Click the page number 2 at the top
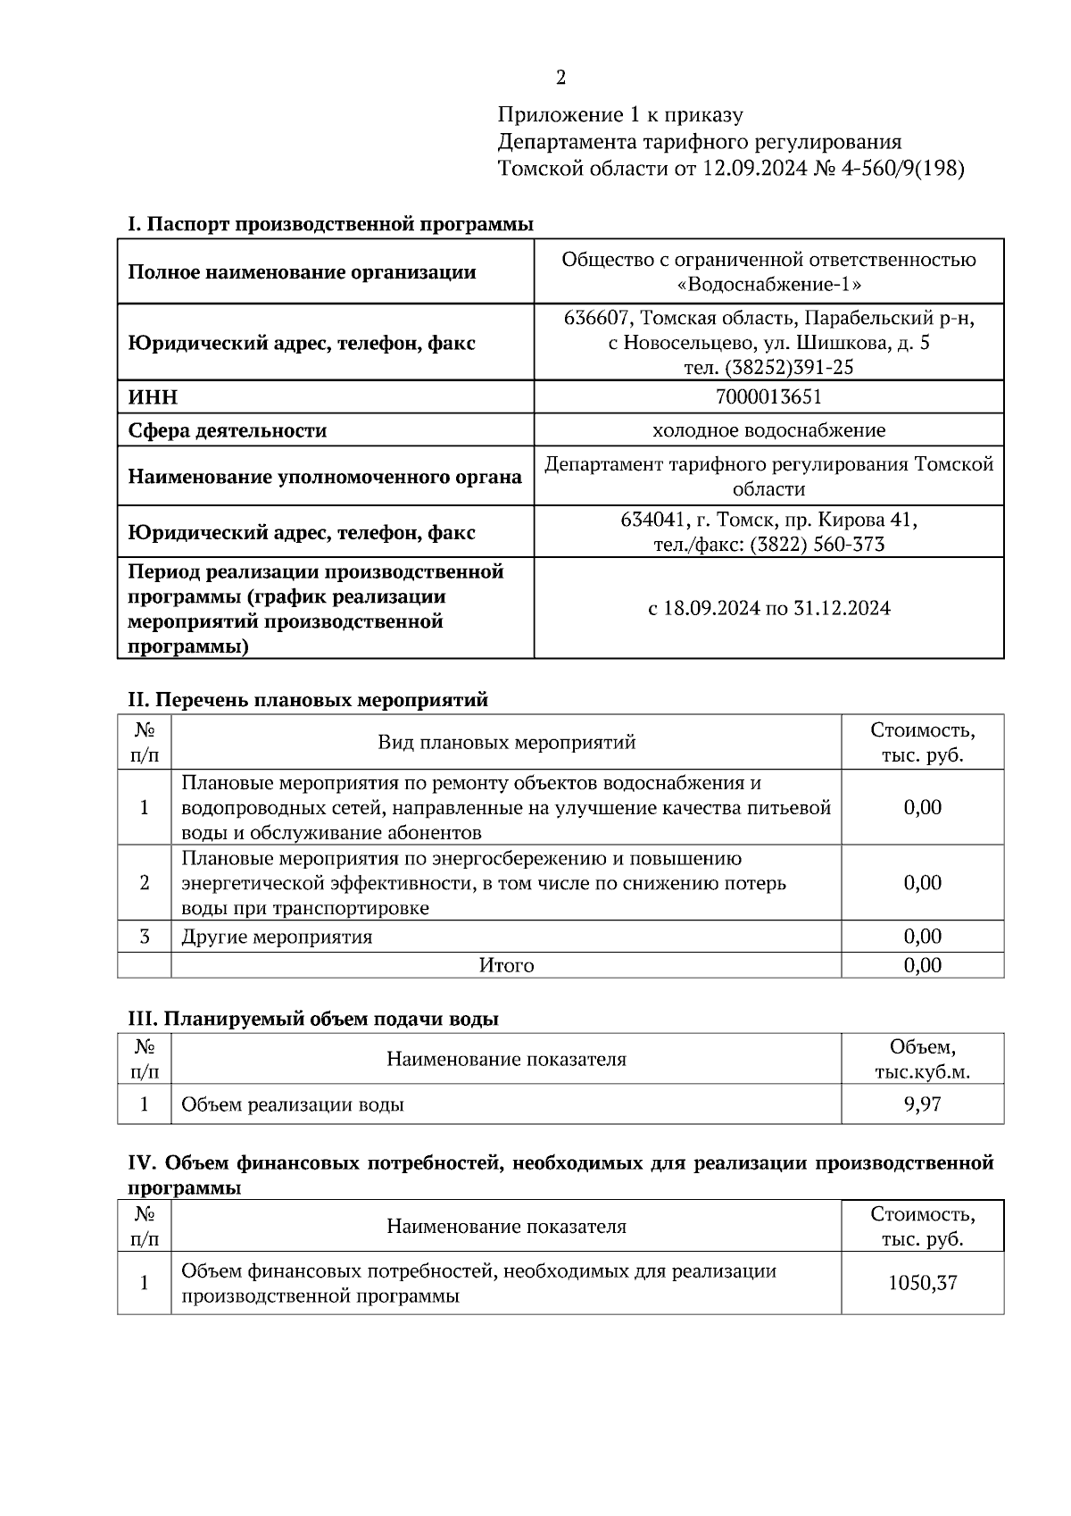(x=560, y=79)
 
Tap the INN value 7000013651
(x=768, y=396)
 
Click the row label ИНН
(x=153, y=397)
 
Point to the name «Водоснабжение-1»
(x=768, y=285)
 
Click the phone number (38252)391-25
(x=790, y=367)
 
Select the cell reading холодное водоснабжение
(x=768, y=430)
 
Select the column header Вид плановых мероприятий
(x=506, y=742)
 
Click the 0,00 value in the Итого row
(x=922, y=965)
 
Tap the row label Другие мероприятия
(x=277, y=937)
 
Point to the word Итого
(x=506, y=965)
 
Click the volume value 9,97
(x=922, y=1104)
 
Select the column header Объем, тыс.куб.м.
(x=922, y=1059)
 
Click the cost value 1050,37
(x=922, y=1283)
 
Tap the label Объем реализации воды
(x=292, y=1104)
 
